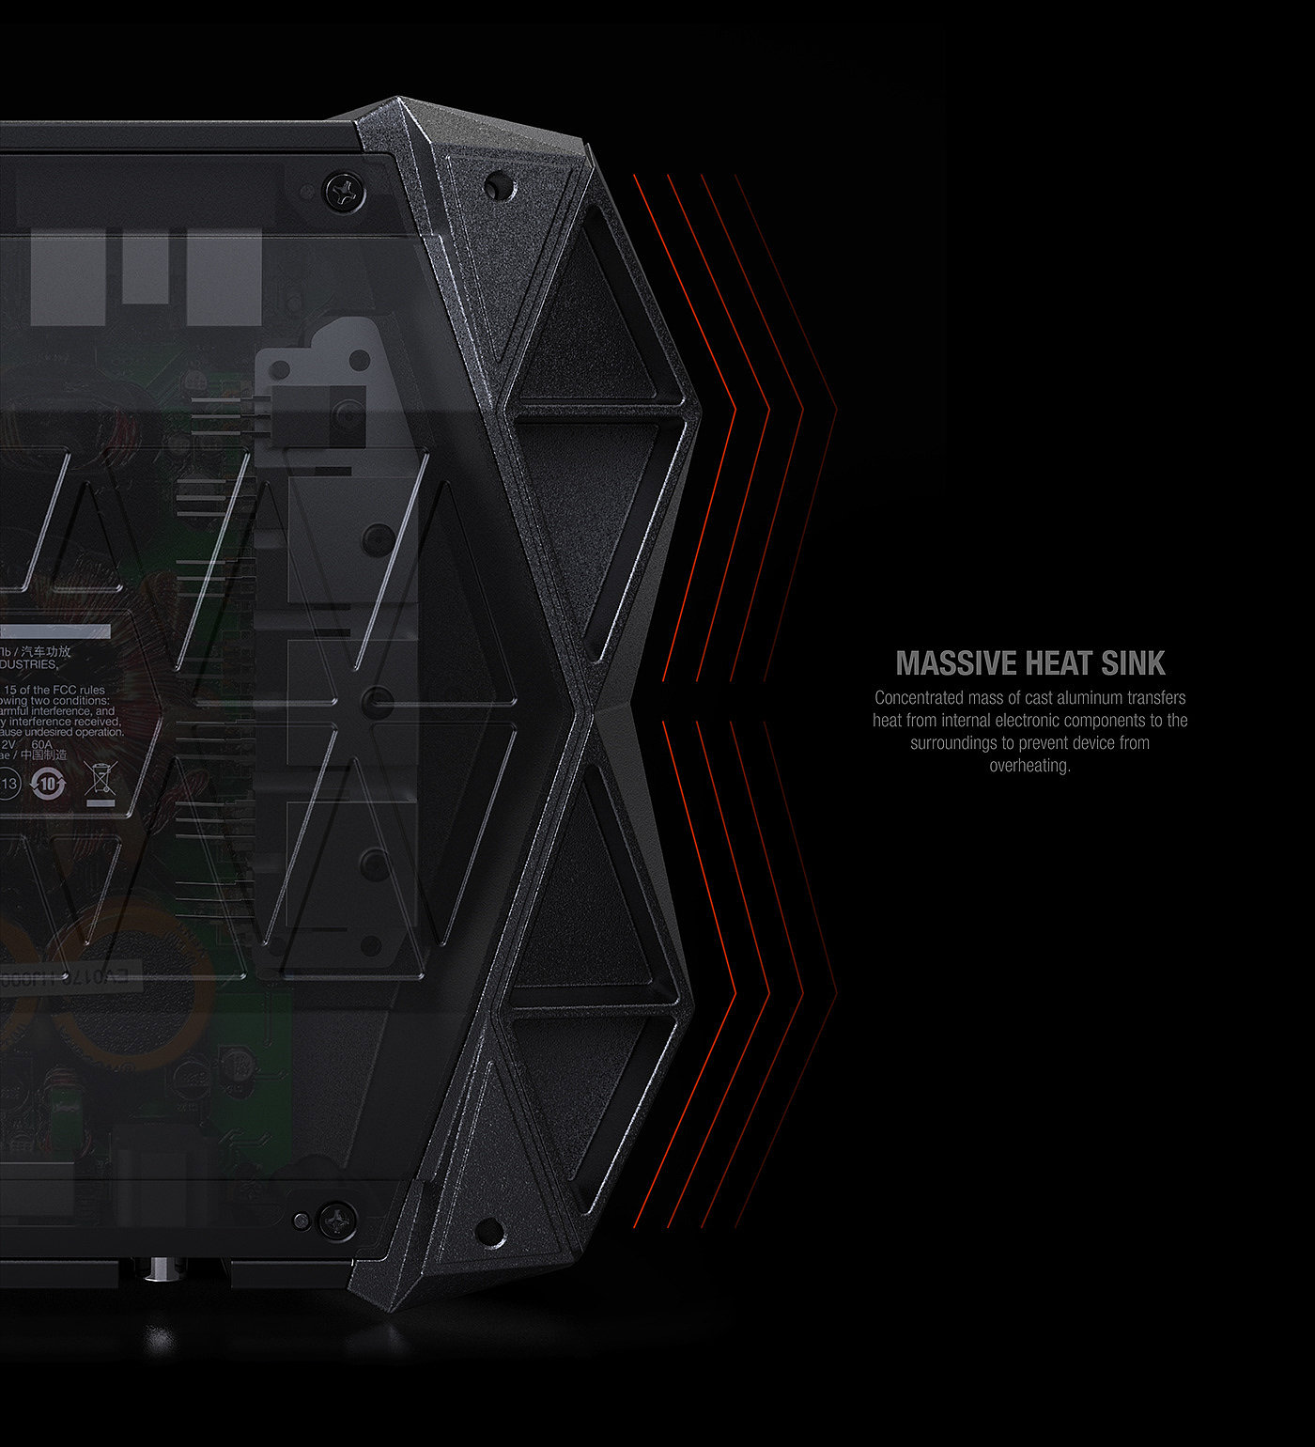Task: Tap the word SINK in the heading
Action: [1134, 663]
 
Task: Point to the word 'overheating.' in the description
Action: [1029, 766]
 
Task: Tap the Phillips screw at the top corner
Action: [345, 192]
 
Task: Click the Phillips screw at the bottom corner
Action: [337, 1220]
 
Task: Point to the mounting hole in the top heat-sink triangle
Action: [498, 187]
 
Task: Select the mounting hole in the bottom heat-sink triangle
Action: [489, 1230]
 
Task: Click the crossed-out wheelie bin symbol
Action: [100, 782]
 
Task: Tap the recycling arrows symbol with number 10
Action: [48, 784]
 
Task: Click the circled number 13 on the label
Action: [9, 784]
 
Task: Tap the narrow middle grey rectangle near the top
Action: [146, 267]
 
